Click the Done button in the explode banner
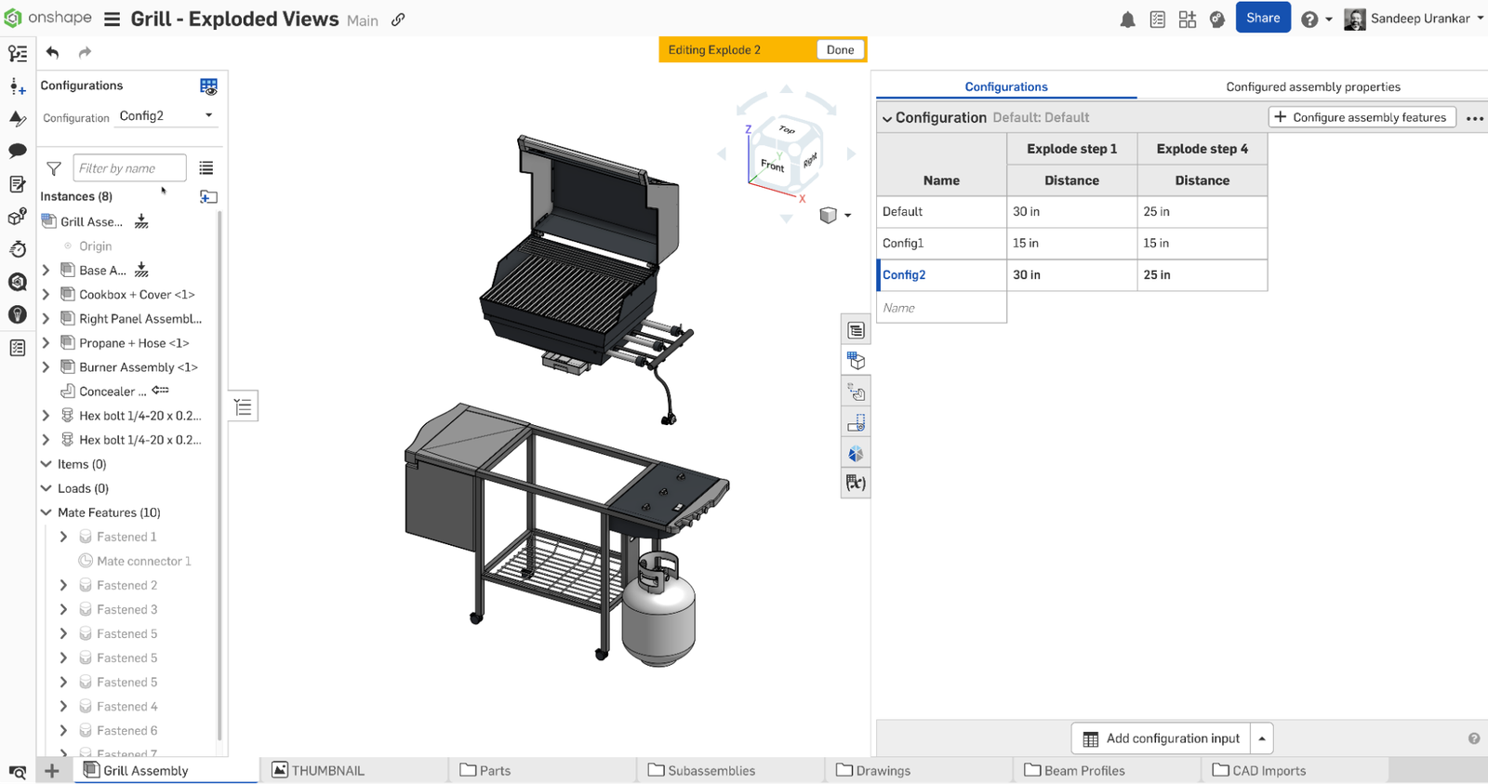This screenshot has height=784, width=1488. click(840, 50)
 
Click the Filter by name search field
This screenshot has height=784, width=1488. click(129, 168)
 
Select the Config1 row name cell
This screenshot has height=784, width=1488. click(941, 244)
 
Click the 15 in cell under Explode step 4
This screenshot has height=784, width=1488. click(1202, 244)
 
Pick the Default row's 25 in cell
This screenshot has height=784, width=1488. click(1202, 212)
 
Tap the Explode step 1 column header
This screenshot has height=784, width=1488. click(1071, 149)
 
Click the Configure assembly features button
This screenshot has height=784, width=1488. click(1362, 117)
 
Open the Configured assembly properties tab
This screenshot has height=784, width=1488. click(1312, 87)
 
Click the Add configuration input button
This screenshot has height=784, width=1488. click(1161, 738)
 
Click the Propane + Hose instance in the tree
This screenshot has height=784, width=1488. click(134, 343)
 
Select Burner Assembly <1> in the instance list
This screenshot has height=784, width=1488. click(139, 367)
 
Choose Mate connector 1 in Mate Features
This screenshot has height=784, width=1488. click(143, 562)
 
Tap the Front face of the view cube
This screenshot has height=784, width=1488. click(772, 166)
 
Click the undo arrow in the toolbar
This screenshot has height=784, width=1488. click(53, 53)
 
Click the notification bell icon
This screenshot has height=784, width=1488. click(1127, 20)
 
